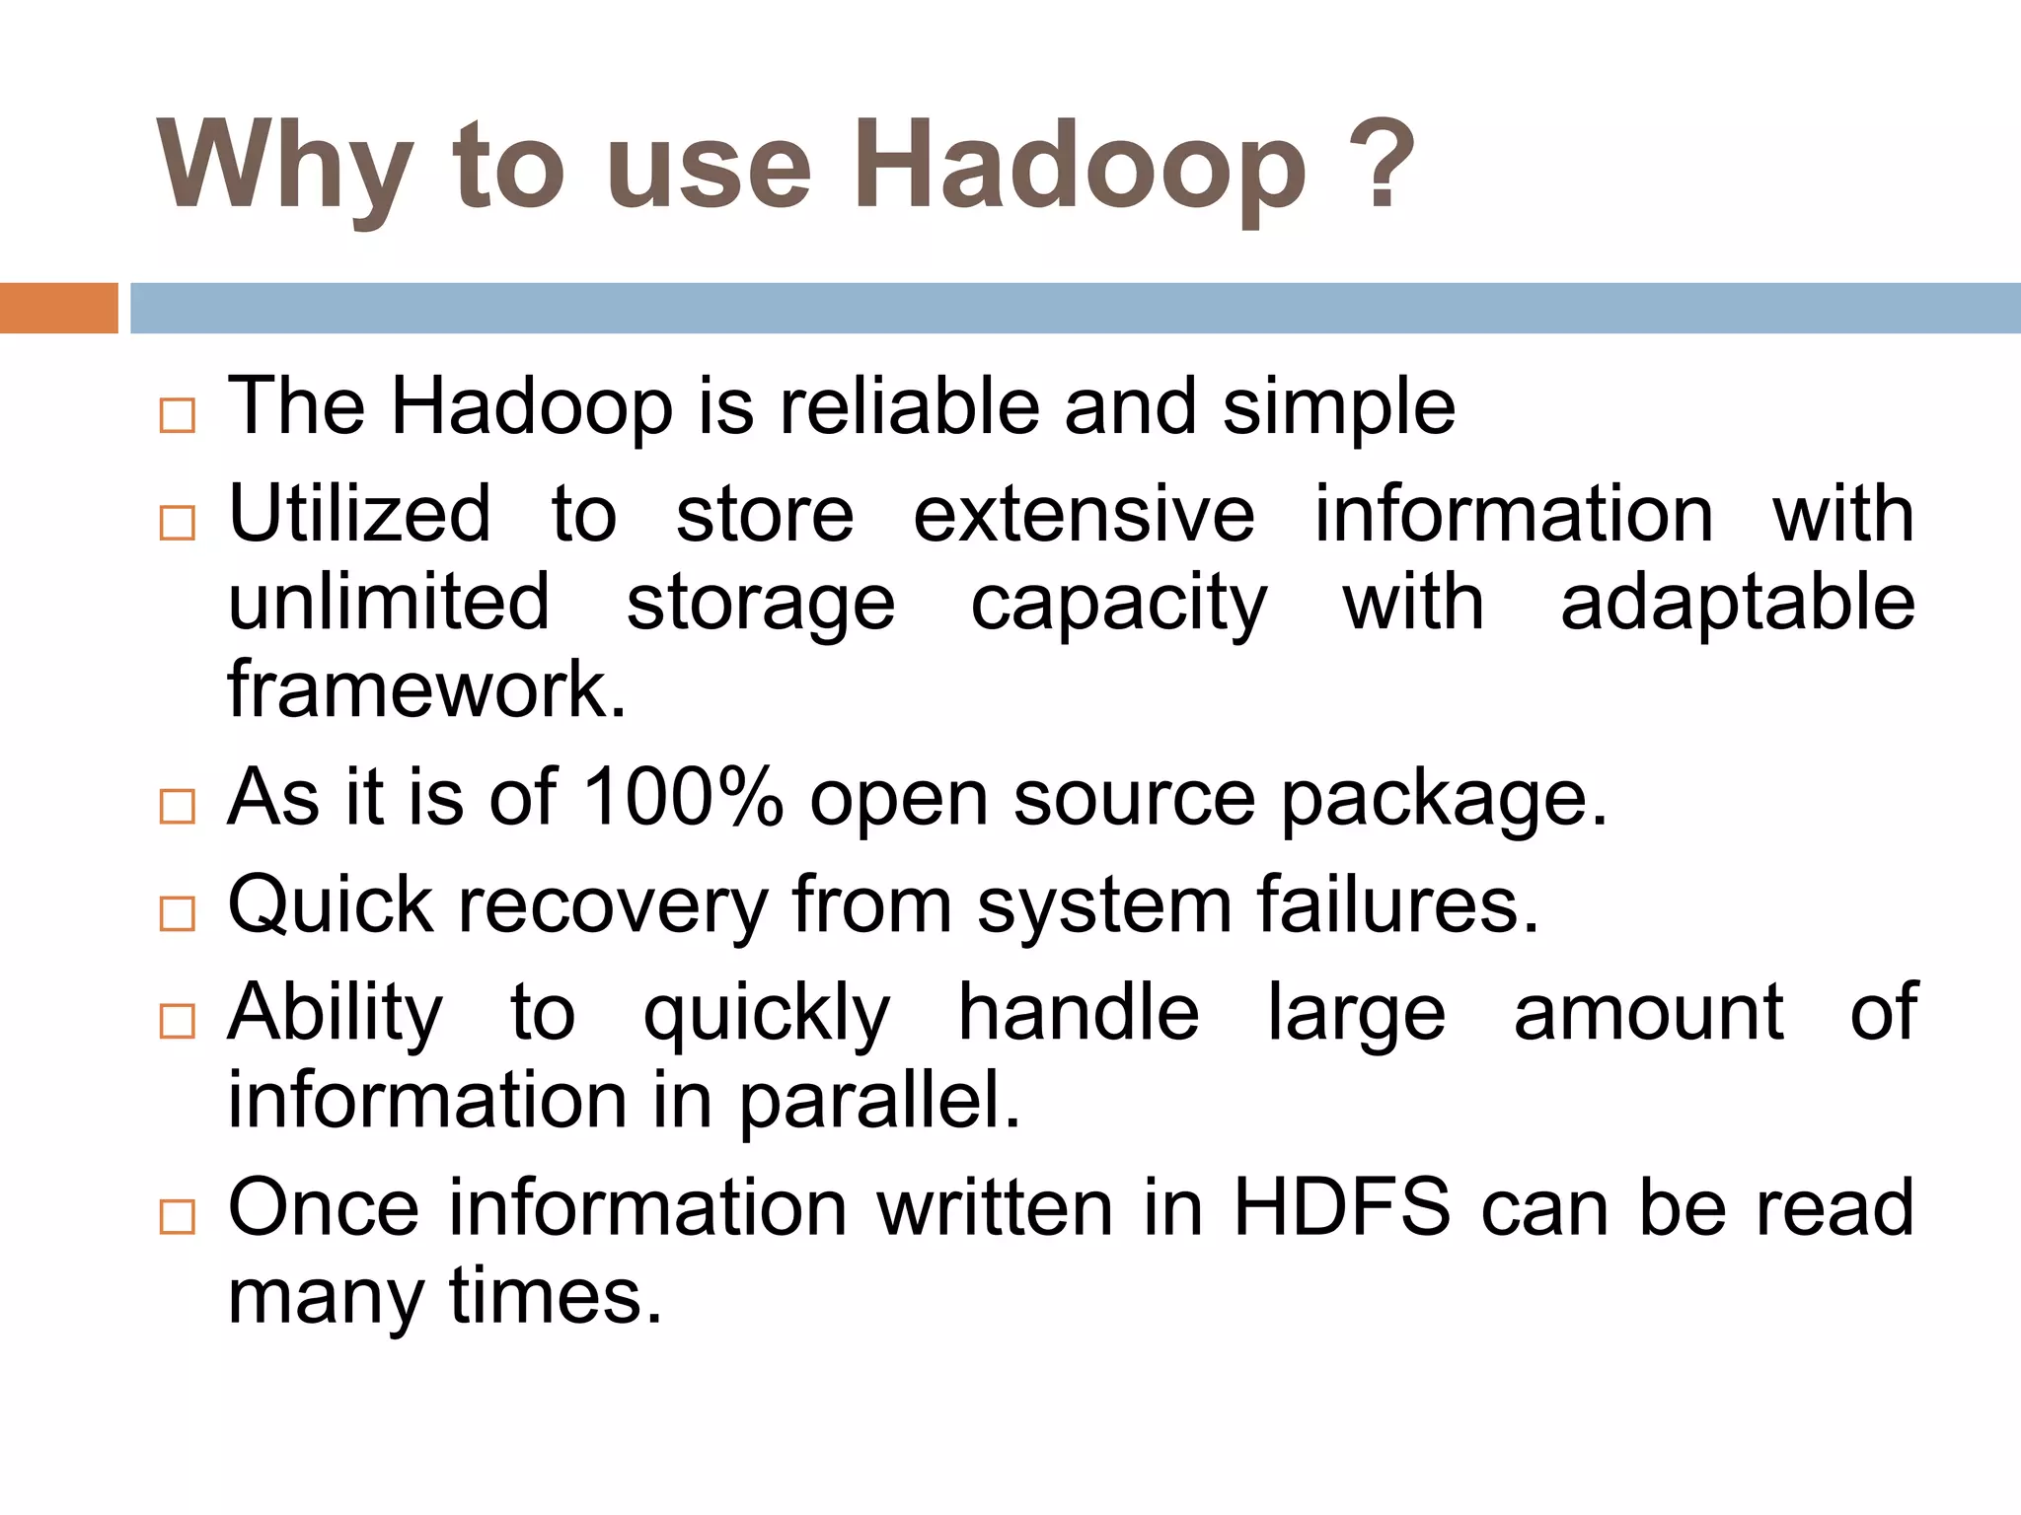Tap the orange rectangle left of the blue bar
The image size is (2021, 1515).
(58, 308)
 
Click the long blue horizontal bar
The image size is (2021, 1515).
(1074, 308)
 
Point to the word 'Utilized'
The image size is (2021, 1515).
(359, 514)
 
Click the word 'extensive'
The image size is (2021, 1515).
(1083, 514)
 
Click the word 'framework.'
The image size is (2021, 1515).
(426, 689)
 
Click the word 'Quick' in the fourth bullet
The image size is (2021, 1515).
(331, 904)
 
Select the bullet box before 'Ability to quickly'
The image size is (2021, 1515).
(178, 1021)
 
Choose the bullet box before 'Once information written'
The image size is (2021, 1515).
(178, 1216)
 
